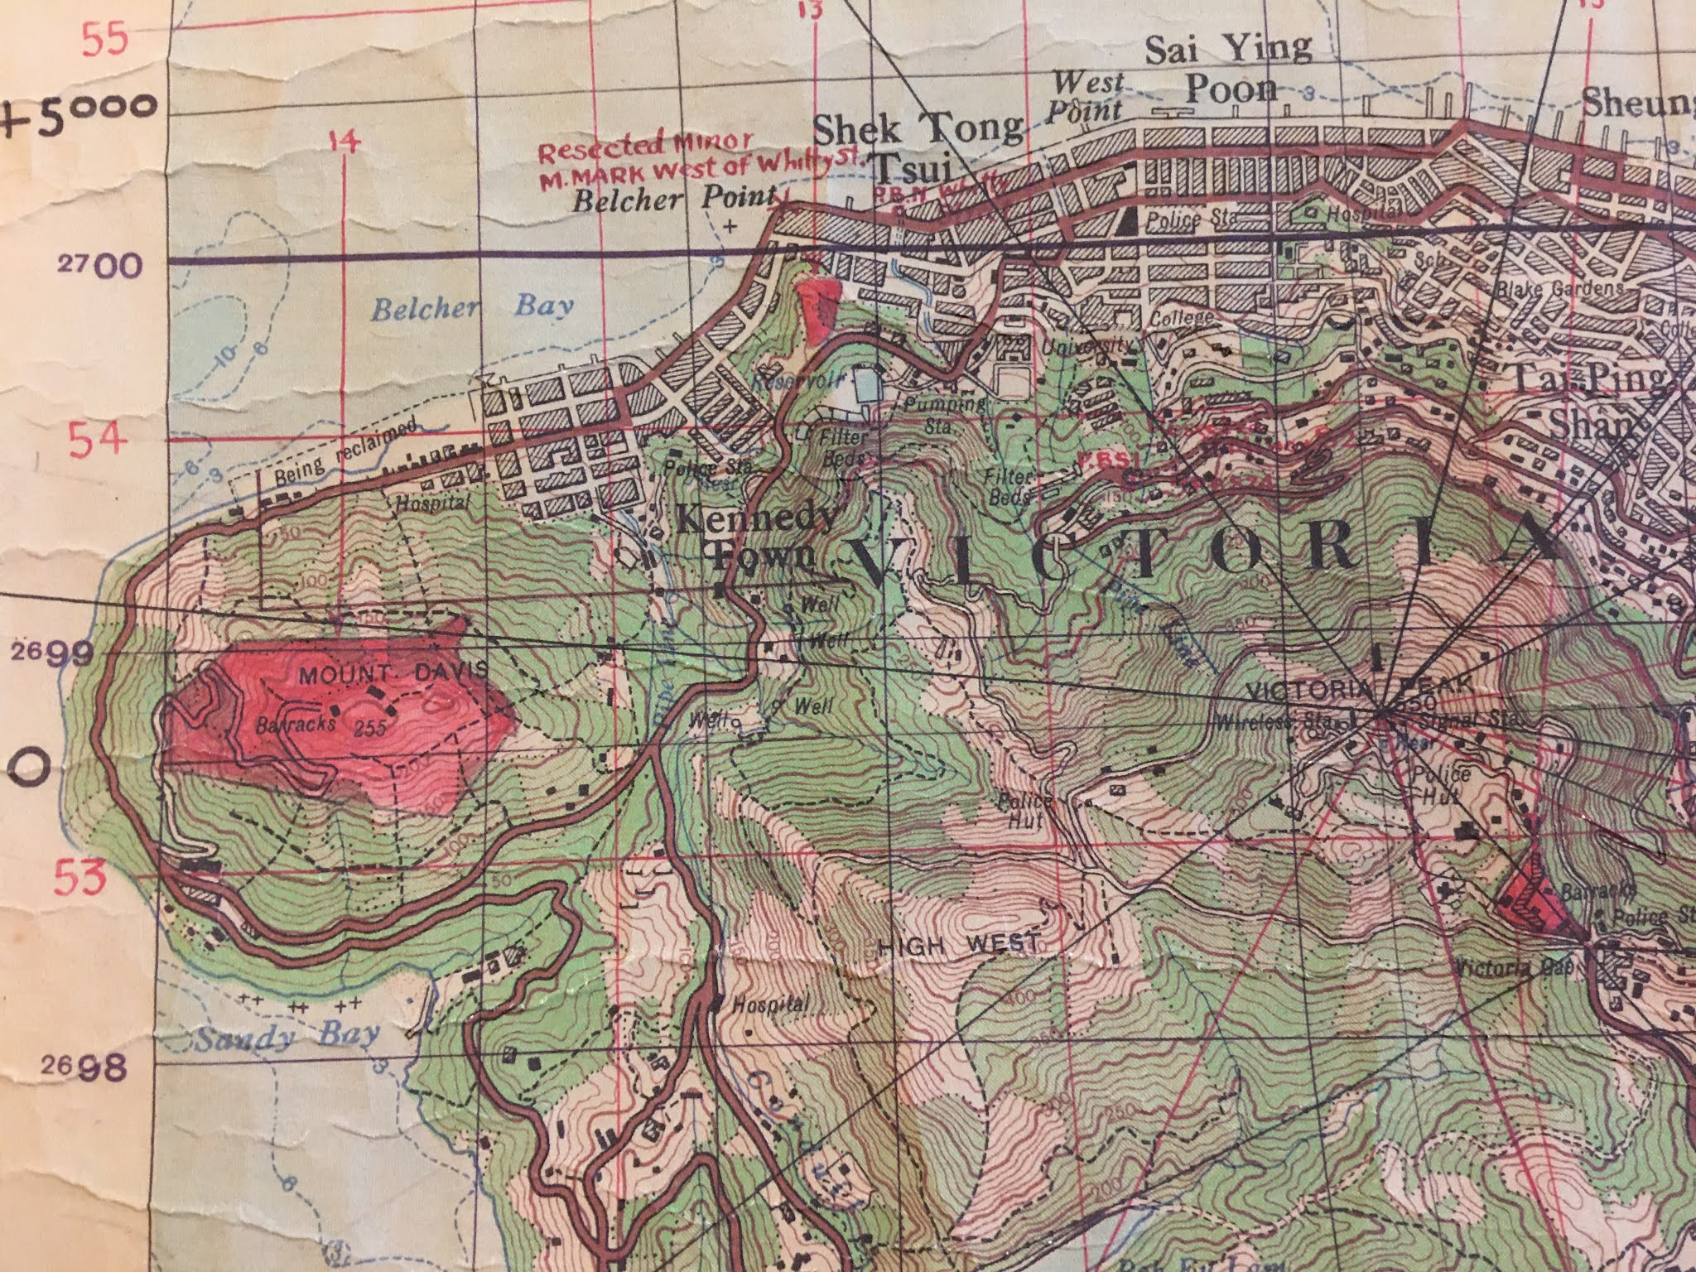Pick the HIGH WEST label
(960, 943)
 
